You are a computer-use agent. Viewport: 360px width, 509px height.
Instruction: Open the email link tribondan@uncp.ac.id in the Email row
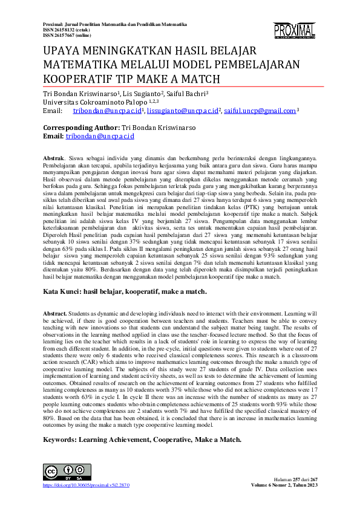(x=107, y=111)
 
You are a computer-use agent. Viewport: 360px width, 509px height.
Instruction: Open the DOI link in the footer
(x=86, y=485)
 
